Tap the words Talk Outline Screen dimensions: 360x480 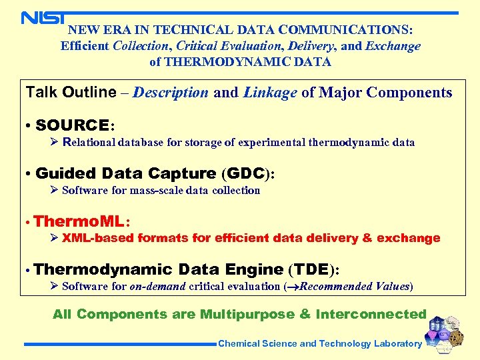(71, 93)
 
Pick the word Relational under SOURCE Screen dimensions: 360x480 (89, 142)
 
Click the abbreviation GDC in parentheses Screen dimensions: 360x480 (244, 173)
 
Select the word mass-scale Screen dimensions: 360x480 (150, 190)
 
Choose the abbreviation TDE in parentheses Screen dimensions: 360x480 (311, 269)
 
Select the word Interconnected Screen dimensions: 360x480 (371, 314)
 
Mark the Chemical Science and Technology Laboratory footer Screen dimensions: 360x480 (320, 344)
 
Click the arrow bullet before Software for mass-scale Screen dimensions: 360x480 (55, 190)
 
